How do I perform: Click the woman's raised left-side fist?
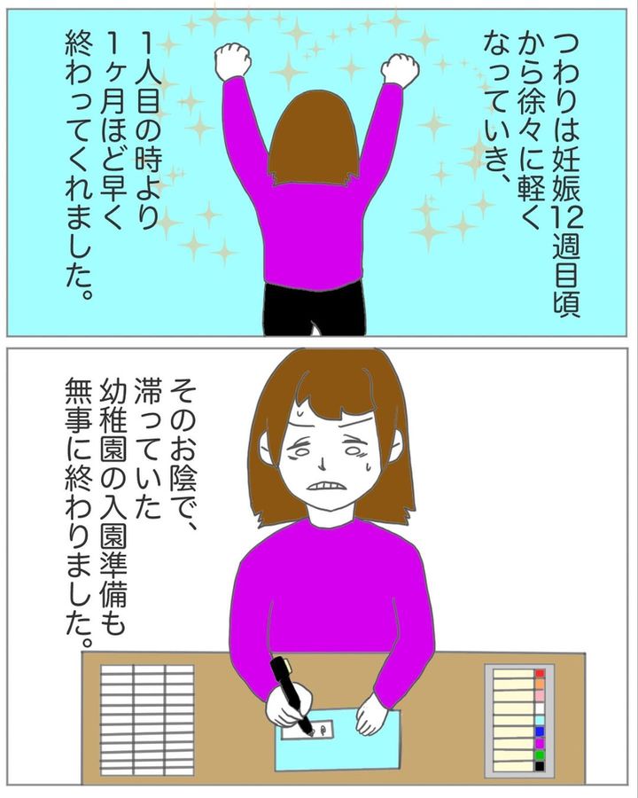pyautogui.click(x=233, y=61)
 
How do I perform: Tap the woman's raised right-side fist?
pyautogui.click(x=401, y=67)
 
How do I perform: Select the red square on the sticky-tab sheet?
pyautogui.click(x=540, y=673)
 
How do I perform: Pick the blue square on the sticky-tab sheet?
pyautogui.click(x=540, y=731)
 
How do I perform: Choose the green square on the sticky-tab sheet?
pyautogui.click(x=540, y=755)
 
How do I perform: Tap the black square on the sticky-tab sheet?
pyautogui.click(x=540, y=766)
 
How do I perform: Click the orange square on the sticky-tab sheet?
pyautogui.click(x=540, y=685)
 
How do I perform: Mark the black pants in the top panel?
pyautogui.click(x=315, y=309)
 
